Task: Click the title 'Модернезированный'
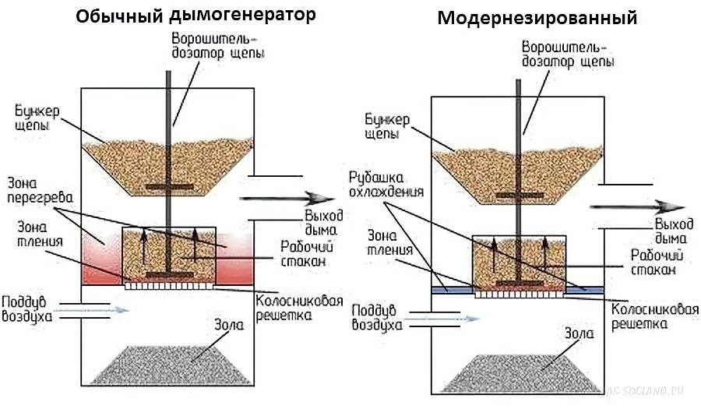(537, 17)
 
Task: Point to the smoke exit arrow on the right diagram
(635, 206)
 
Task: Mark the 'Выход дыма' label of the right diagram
(670, 229)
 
